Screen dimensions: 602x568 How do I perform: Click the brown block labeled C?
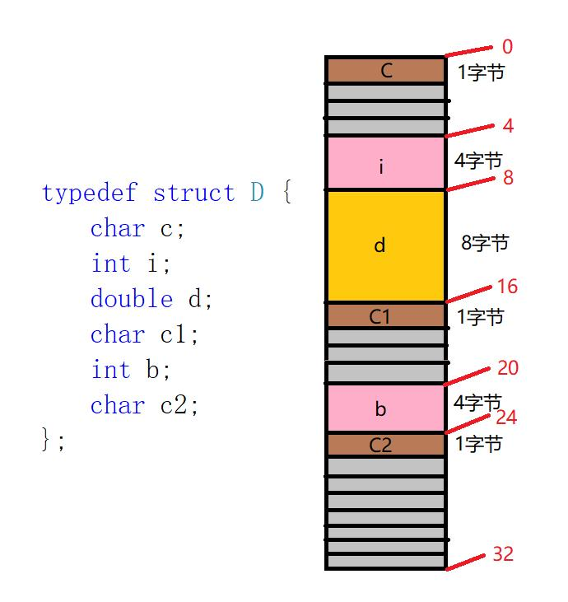coord(386,70)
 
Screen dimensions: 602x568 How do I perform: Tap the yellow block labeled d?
coord(386,245)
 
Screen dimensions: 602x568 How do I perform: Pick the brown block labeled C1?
coord(386,316)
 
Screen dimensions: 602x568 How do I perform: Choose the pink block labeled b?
coord(386,408)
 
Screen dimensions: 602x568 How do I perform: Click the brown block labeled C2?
coord(386,445)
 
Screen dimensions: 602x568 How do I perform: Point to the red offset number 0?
coord(506,48)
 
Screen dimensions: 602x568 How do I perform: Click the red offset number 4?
coord(508,127)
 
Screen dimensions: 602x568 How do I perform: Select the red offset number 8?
coord(508,177)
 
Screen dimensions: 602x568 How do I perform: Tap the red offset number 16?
coord(507,287)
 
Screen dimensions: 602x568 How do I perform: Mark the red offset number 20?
coord(508,368)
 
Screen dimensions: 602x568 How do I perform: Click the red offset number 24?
coord(506,418)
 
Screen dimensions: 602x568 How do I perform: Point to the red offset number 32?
coord(502,554)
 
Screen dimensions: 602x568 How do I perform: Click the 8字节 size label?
coord(485,243)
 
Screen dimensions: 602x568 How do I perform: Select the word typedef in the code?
coord(91,194)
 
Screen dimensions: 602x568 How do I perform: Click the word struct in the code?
coord(193,194)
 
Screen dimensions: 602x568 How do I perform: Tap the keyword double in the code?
coord(132,299)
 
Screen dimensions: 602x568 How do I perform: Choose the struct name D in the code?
coord(258,194)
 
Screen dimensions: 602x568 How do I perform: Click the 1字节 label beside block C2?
coord(479,445)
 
